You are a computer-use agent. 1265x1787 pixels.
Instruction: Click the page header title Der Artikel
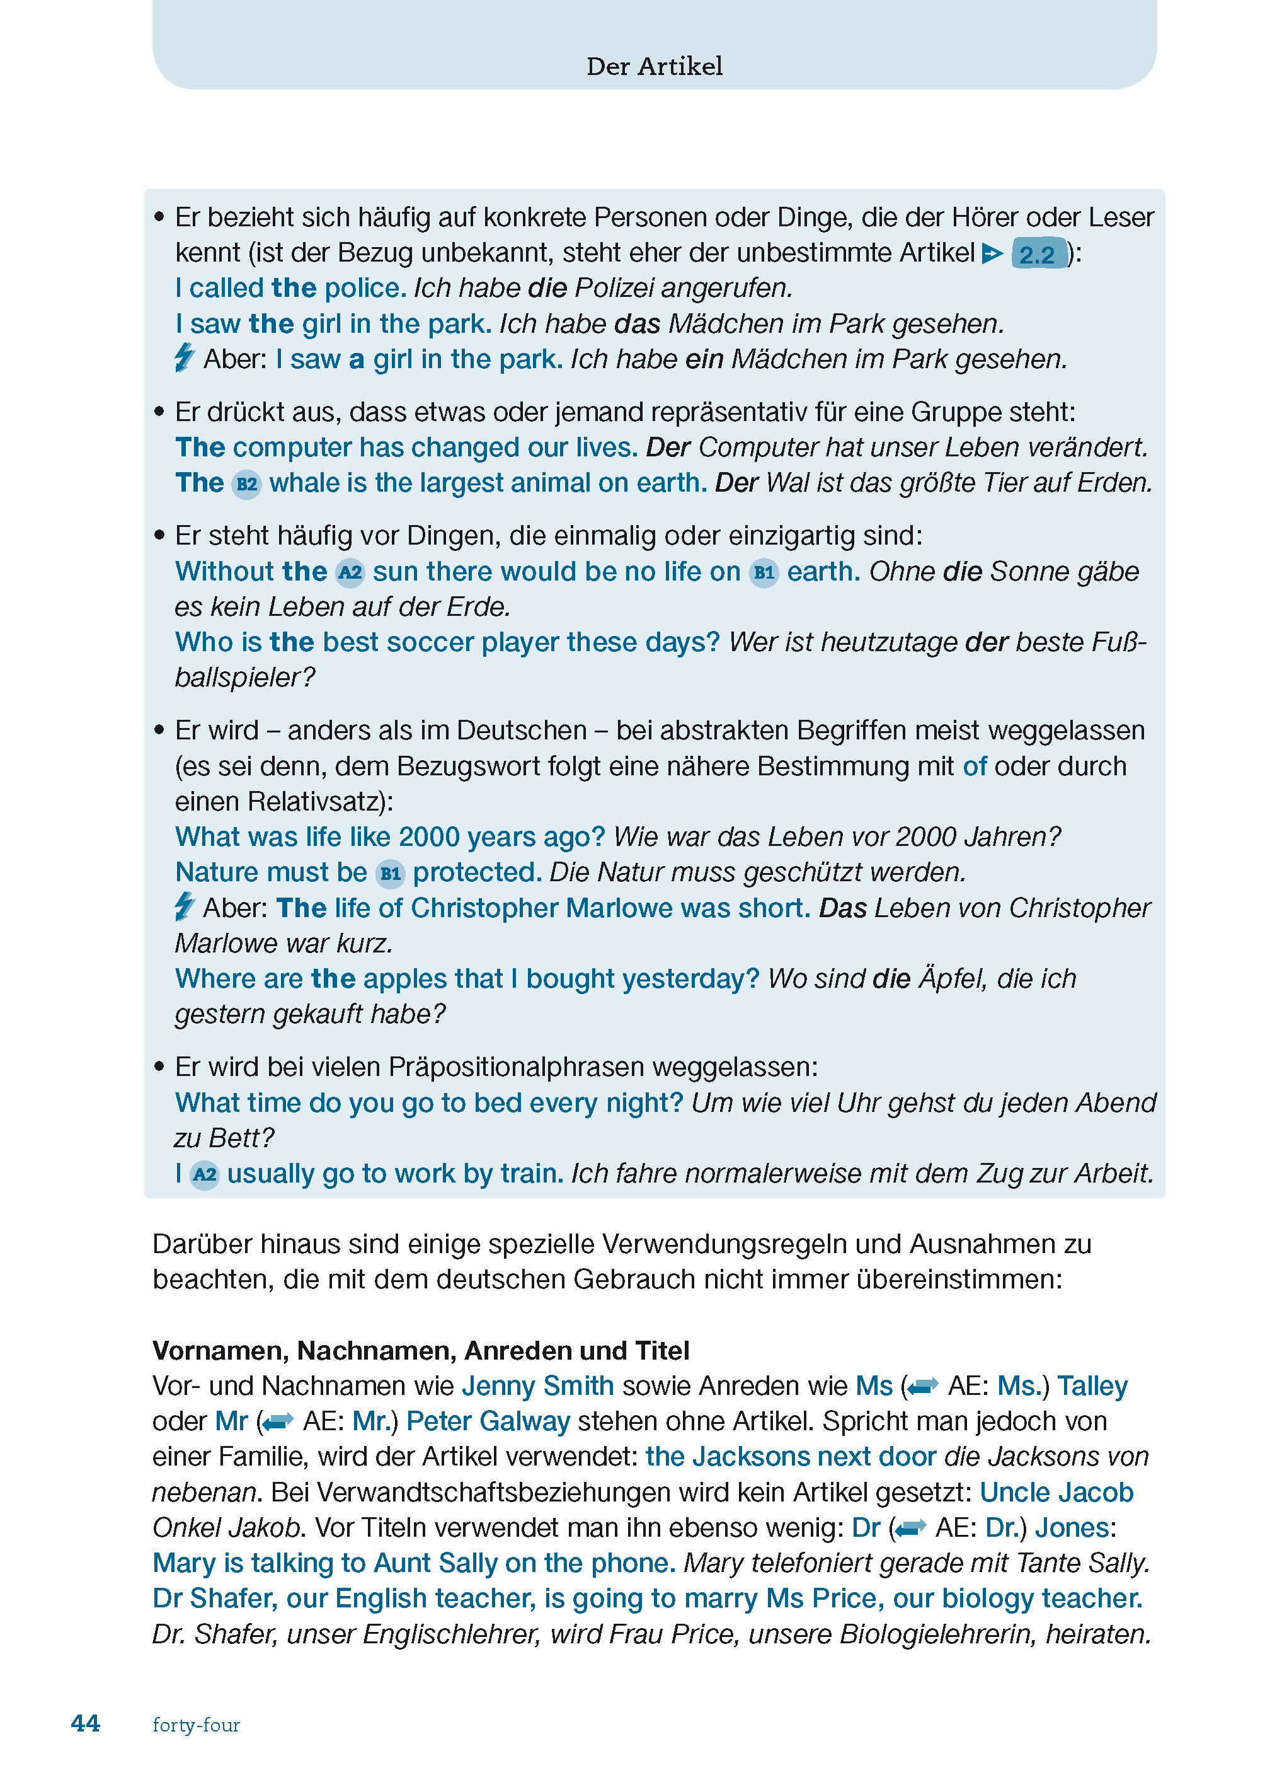click(x=655, y=66)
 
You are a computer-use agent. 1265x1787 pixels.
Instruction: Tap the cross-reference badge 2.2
click(x=1038, y=254)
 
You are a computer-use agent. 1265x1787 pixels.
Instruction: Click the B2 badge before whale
click(x=246, y=484)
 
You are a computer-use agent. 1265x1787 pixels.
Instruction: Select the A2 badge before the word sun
click(x=350, y=573)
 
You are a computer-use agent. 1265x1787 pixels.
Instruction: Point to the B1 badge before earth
click(x=764, y=573)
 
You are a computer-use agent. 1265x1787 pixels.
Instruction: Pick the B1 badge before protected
click(x=389, y=874)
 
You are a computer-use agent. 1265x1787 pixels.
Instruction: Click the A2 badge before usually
click(x=204, y=1174)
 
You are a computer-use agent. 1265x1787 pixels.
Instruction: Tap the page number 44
click(x=86, y=1723)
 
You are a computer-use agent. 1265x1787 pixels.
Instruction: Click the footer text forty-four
click(x=197, y=1725)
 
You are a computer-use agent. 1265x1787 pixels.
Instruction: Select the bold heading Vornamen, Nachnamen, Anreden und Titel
click(x=421, y=1351)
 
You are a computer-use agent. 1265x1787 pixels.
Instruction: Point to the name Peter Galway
click(x=488, y=1421)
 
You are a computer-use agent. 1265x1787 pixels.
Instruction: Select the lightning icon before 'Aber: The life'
click(x=185, y=906)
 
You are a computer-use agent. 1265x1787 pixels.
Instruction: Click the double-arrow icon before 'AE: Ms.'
click(x=923, y=1387)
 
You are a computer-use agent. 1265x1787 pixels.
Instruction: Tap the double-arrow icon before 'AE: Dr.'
click(x=910, y=1529)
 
